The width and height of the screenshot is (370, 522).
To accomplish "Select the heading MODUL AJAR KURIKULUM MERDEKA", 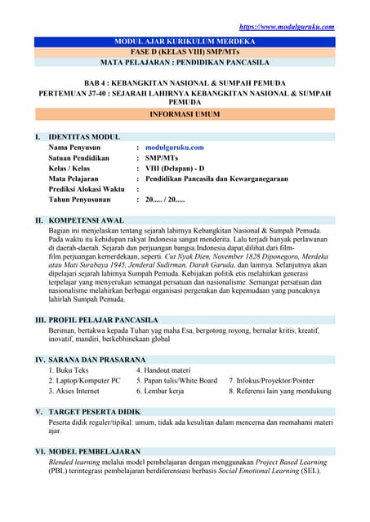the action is tap(185, 41).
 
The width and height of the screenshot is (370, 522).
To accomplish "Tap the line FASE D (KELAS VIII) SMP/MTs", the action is tap(185, 51).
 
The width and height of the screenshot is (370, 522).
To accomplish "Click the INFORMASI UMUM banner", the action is tap(185, 116).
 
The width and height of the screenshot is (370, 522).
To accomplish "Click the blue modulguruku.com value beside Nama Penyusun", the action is tap(174, 148).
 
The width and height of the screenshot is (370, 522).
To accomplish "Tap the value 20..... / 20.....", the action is tap(165, 199).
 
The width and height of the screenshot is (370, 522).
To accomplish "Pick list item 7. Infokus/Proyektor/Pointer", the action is tap(271, 380).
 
